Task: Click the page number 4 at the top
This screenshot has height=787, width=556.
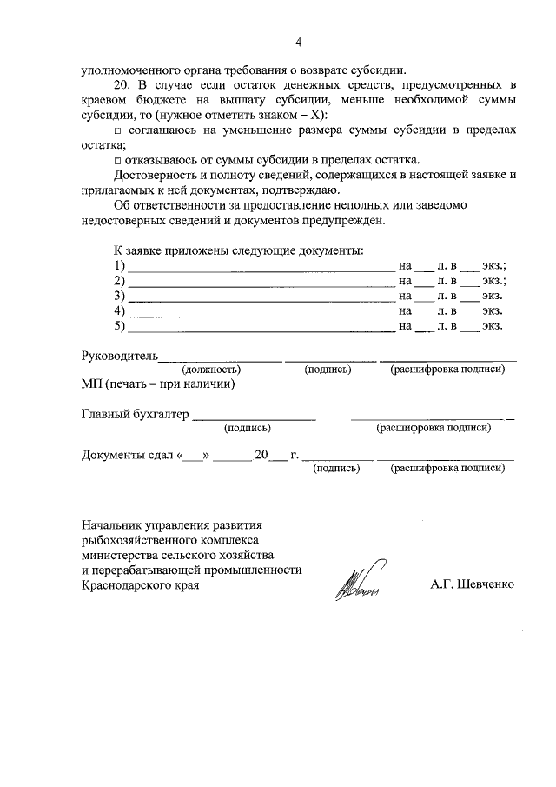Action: [x=298, y=42]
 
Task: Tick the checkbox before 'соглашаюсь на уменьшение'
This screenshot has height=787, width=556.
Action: [x=118, y=130]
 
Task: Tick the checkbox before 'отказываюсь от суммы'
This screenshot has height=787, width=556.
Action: [x=118, y=159]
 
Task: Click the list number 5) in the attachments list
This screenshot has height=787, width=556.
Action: [x=120, y=326]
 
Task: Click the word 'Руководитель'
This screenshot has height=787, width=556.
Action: [x=119, y=355]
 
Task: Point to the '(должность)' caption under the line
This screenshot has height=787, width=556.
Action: [x=211, y=370]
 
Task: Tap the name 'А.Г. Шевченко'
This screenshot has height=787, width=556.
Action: [x=472, y=584]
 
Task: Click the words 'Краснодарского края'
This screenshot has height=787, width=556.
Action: [x=140, y=585]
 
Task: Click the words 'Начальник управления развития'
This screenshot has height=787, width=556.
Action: [x=171, y=525]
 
